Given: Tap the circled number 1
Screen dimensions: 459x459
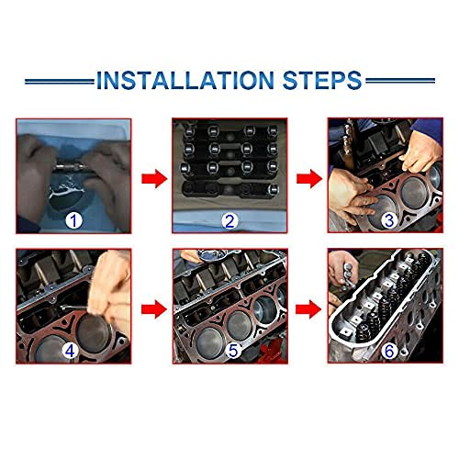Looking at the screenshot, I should tap(73, 218).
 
